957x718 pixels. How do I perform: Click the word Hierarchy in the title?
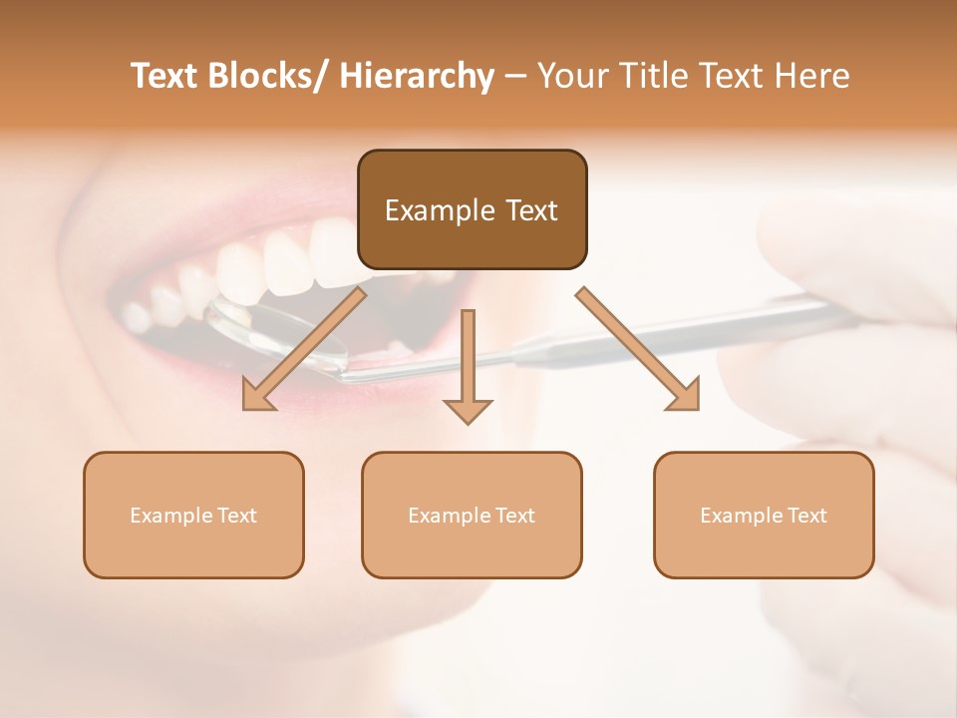click(x=417, y=76)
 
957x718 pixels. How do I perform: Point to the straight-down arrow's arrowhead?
click(x=468, y=410)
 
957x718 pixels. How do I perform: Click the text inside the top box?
click(x=472, y=210)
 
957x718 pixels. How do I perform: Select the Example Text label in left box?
click(x=193, y=516)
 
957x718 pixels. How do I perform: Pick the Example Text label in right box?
click(x=764, y=516)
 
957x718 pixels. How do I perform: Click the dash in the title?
click(x=515, y=77)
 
